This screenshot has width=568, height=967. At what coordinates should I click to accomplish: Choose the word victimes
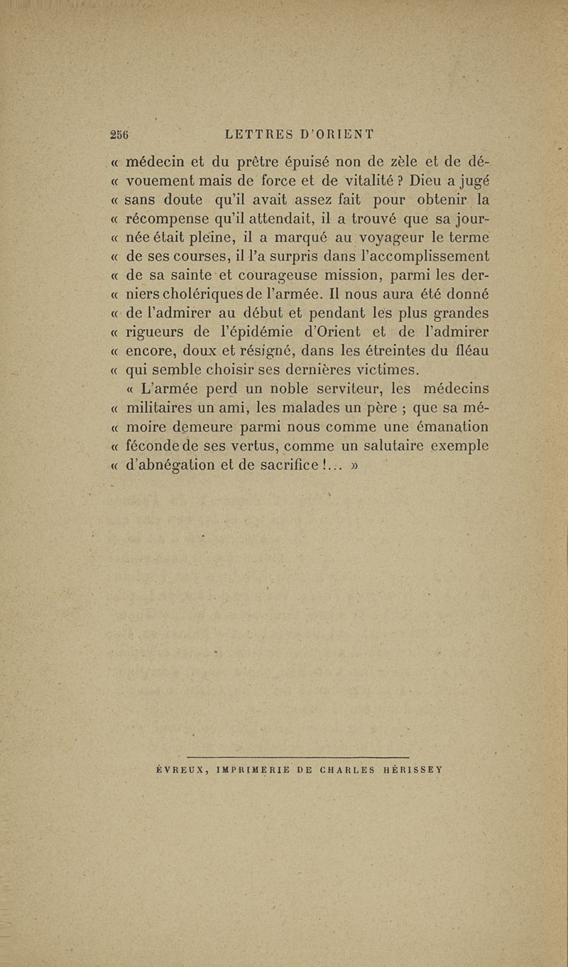(383, 369)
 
